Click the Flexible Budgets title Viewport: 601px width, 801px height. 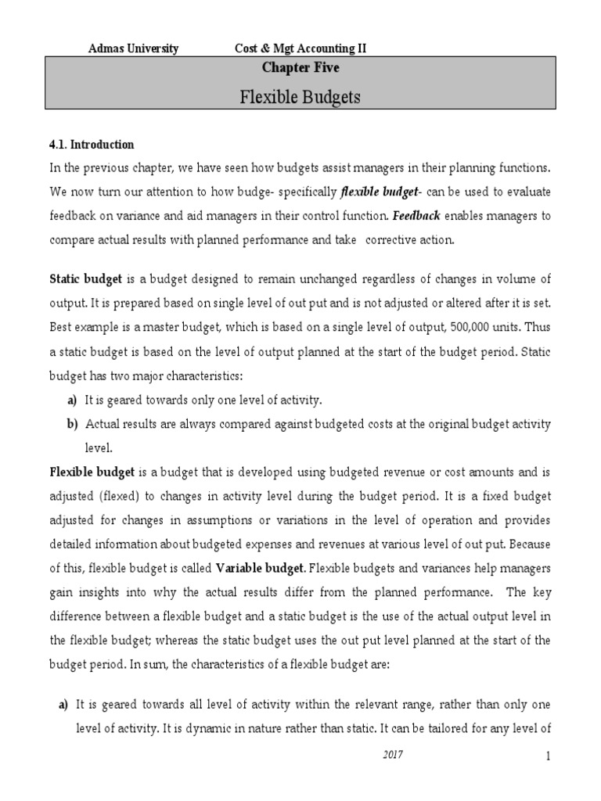coord(300,98)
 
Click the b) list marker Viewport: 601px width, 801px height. coord(73,424)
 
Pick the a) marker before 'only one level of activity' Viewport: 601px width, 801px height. coord(73,400)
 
